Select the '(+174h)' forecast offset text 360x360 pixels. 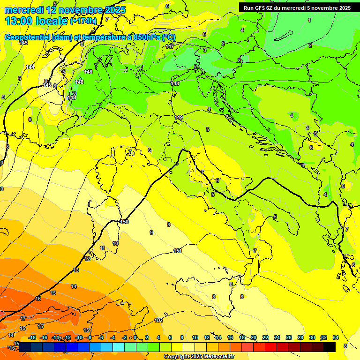83,21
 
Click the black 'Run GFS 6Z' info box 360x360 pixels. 297,7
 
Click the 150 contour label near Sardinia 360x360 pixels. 124,222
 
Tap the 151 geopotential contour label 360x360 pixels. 177,251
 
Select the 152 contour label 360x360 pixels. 158,321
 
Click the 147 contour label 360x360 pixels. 170,46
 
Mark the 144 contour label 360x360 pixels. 30,67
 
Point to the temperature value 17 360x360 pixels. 23,318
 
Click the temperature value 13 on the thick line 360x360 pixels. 76,270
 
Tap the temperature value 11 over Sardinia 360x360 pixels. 102,248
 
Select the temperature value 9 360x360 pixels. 151,232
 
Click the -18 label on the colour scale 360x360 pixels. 32,337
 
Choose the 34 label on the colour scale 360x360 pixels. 336,337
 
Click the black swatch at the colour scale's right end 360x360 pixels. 330,347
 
